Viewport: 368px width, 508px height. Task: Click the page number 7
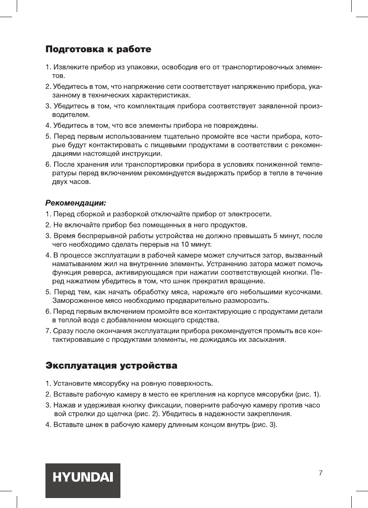(321, 473)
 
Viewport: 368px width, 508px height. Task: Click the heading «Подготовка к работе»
(98, 50)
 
